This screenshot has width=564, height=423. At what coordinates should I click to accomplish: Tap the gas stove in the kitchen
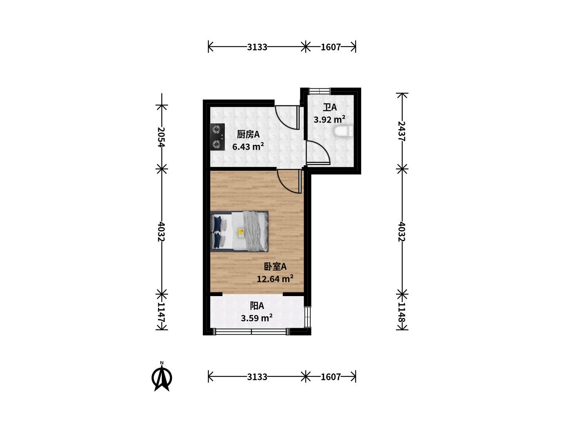point(217,137)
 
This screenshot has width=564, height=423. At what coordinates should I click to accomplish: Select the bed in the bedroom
point(239,231)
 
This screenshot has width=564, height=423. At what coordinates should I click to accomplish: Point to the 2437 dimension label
point(401,131)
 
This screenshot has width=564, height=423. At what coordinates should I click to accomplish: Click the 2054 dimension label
point(161,137)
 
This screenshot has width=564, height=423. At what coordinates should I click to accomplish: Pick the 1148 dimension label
point(401,312)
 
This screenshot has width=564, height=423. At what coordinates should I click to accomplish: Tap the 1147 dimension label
point(161,312)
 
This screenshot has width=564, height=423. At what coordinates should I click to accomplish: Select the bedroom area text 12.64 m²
point(275,278)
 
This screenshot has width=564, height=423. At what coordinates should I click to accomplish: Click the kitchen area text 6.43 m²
point(248,146)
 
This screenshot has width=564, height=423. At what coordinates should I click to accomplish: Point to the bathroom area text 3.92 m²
point(329,119)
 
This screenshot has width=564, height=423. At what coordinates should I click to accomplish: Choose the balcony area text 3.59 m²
point(257,318)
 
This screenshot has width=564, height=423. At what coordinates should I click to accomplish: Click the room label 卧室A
point(275,267)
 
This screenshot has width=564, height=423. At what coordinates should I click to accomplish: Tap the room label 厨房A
point(248,134)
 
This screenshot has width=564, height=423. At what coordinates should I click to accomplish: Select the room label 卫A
point(330,107)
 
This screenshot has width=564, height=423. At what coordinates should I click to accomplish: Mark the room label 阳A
point(257,306)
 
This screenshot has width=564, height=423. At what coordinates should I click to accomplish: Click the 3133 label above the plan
point(257,47)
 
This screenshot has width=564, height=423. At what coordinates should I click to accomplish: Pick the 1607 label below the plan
point(331,377)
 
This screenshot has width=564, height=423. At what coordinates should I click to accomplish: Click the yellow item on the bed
point(241,232)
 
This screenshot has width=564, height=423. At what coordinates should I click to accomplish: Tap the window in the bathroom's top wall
point(320,91)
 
